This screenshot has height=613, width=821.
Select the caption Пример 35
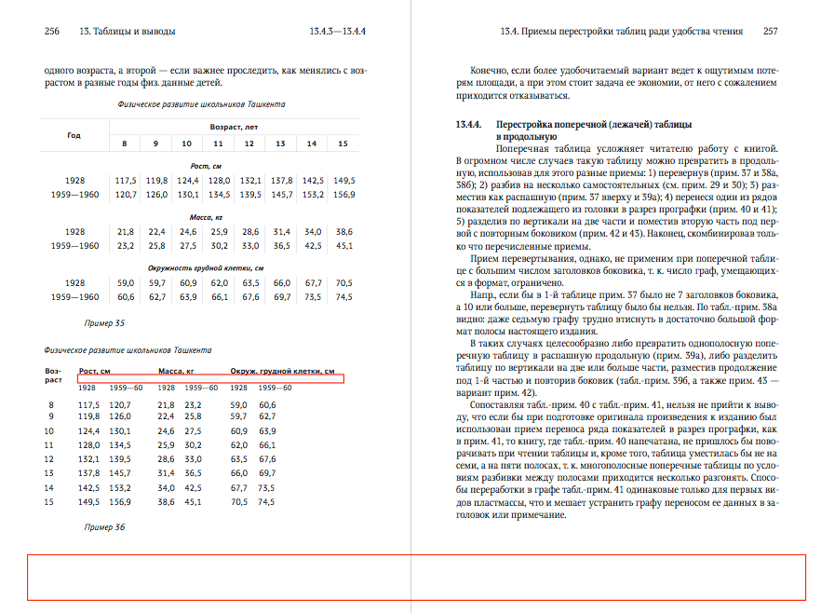(x=103, y=322)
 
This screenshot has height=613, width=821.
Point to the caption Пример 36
(x=103, y=526)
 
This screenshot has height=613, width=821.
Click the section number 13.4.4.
(x=468, y=124)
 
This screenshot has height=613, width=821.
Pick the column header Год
(x=74, y=135)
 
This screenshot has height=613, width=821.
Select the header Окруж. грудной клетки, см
(x=283, y=371)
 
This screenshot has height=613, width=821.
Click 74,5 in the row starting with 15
(x=266, y=502)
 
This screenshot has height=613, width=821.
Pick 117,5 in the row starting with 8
(x=88, y=404)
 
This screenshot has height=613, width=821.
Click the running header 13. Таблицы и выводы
(x=127, y=32)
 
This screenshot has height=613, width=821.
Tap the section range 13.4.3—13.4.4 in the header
(x=337, y=32)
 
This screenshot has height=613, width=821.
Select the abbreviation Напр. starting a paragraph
(x=485, y=293)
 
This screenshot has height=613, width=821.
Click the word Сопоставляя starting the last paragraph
(x=503, y=406)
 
